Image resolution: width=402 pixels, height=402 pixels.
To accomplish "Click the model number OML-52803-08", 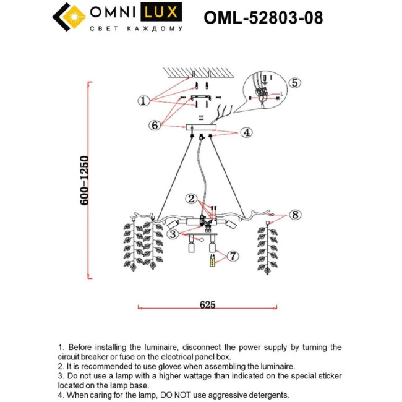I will [x=263, y=17].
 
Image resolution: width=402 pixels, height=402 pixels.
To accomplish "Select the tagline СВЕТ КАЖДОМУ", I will [x=136, y=29].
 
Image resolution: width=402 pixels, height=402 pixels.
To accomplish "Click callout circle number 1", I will [x=142, y=100].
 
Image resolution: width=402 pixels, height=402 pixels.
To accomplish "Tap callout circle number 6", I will [x=155, y=125].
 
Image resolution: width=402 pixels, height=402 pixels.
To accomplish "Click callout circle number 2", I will [x=192, y=199].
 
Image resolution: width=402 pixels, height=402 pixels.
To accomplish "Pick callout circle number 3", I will [x=174, y=234].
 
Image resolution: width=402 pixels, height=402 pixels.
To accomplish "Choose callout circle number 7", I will [x=233, y=255].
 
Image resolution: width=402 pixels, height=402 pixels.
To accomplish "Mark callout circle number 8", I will [x=295, y=215].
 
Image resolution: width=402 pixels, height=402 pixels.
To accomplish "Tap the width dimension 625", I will [x=207, y=304].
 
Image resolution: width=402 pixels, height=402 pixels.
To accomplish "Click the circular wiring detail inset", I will [x=266, y=90].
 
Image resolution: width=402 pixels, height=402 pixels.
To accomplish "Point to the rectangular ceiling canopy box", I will [x=201, y=127].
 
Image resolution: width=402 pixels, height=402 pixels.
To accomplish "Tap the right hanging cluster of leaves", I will [x=268, y=247].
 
